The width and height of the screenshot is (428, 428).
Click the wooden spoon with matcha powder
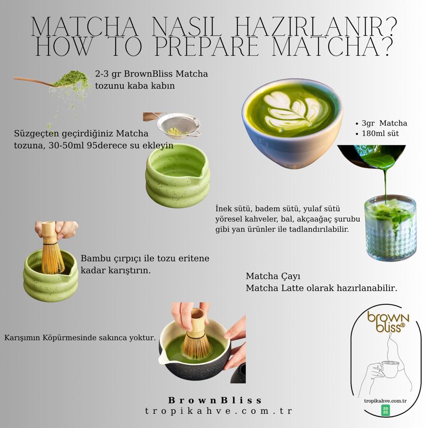coord(52,79)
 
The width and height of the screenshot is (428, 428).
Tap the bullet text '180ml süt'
coord(380,134)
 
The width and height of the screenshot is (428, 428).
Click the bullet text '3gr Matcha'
coord(384,123)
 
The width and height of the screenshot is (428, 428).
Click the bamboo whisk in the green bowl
coord(52,248)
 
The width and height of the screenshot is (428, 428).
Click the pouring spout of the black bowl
coord(163,358)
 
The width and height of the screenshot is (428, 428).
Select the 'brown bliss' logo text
coord(388,322)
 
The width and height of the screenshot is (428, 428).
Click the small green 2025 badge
coord(385,410)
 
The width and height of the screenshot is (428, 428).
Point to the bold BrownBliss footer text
coord(215,400)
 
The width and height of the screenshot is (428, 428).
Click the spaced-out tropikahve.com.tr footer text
coord(218,411)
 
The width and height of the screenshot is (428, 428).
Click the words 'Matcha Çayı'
coord(273,276)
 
